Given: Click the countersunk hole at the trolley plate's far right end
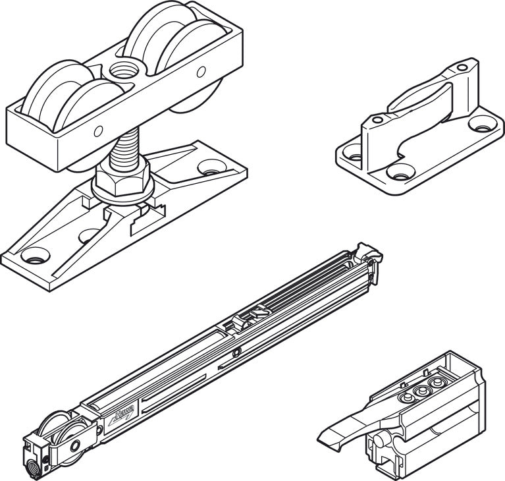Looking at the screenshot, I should pyautogui.click(x=210, y=166).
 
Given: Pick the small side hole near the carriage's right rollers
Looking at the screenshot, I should pyautogui.click(x=201, y=71).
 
